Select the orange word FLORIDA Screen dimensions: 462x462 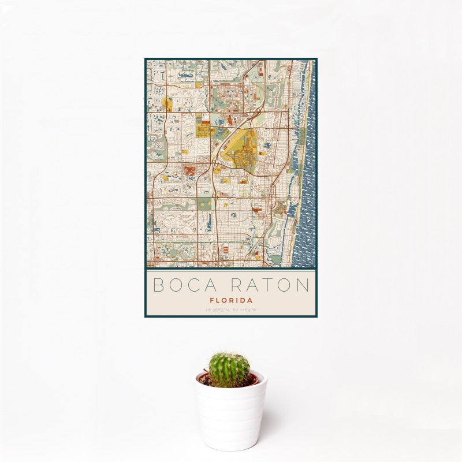click(x=231, y=300)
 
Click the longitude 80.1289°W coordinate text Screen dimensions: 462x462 click(x=244, y=310)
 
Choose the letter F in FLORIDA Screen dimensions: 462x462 click(x=212, y=300)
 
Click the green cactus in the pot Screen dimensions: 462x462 click(x=229, y=370)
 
